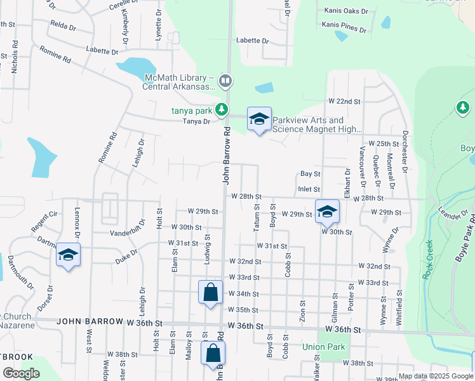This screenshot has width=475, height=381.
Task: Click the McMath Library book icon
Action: (x=225, y=81)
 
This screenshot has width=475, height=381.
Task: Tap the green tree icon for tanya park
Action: (x=221, y=110)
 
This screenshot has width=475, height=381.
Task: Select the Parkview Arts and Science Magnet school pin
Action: (x=259, y=119)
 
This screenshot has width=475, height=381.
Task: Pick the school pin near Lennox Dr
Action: (x=68, y=255)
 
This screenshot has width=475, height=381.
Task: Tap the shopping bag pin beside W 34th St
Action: (x=211, y=293)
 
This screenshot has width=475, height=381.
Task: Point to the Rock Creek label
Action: (x=427, y=260)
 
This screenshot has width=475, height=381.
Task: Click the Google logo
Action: (x=22, y=373)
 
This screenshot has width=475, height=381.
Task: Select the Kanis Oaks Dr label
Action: (x=346, y=11)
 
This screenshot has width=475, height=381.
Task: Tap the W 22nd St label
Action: (x=344, y=102)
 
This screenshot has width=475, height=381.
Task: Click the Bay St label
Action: (x=310, y=173)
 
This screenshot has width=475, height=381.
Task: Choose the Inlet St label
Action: (x=309, y=189)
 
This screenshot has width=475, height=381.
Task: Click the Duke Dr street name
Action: (x=126, y=260)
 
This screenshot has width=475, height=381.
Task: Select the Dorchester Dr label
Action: (x=405, y=153)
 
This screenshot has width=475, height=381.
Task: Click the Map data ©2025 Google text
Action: (x=435, y=377)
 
